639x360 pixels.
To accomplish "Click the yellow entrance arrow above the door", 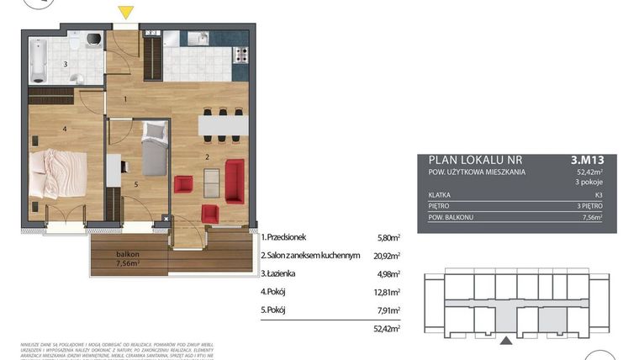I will click(x=125, y=13).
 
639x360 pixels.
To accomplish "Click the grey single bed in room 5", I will click(x=154, y=149).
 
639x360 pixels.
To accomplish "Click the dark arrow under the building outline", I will click(x=508, y=340).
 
